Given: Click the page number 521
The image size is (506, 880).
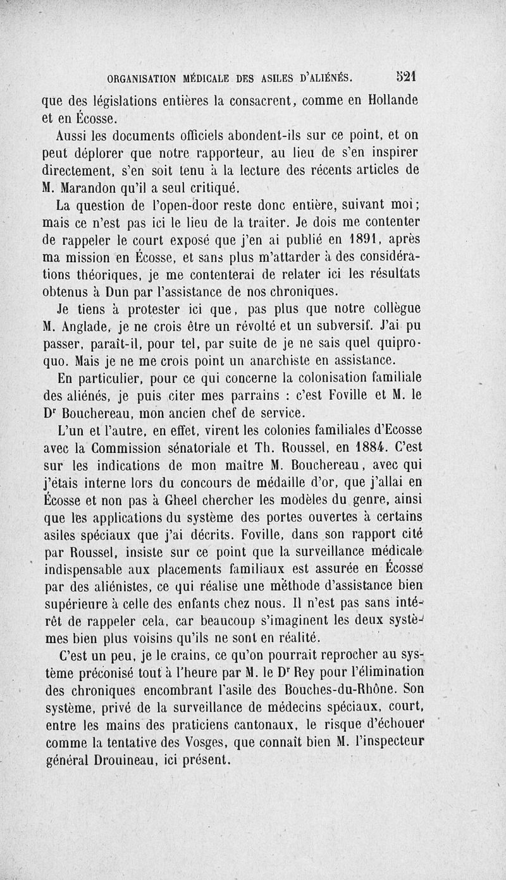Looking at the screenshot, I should [405, 76].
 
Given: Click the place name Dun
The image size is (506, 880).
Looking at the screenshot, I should [118, 292].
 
